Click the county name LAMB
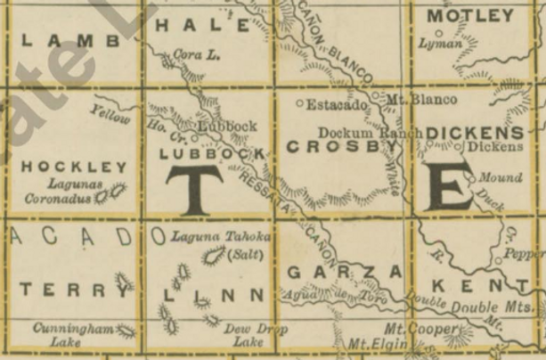pyautogui.click(x=69, y=40)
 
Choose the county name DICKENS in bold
pyautogui.click(x=484, y=131)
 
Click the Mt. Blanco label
pyautogui.click(x=424, y=98)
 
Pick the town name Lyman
pyautogui.click(x=444, y=43)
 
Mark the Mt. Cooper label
pyautogui.click(x=437, y=330)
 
